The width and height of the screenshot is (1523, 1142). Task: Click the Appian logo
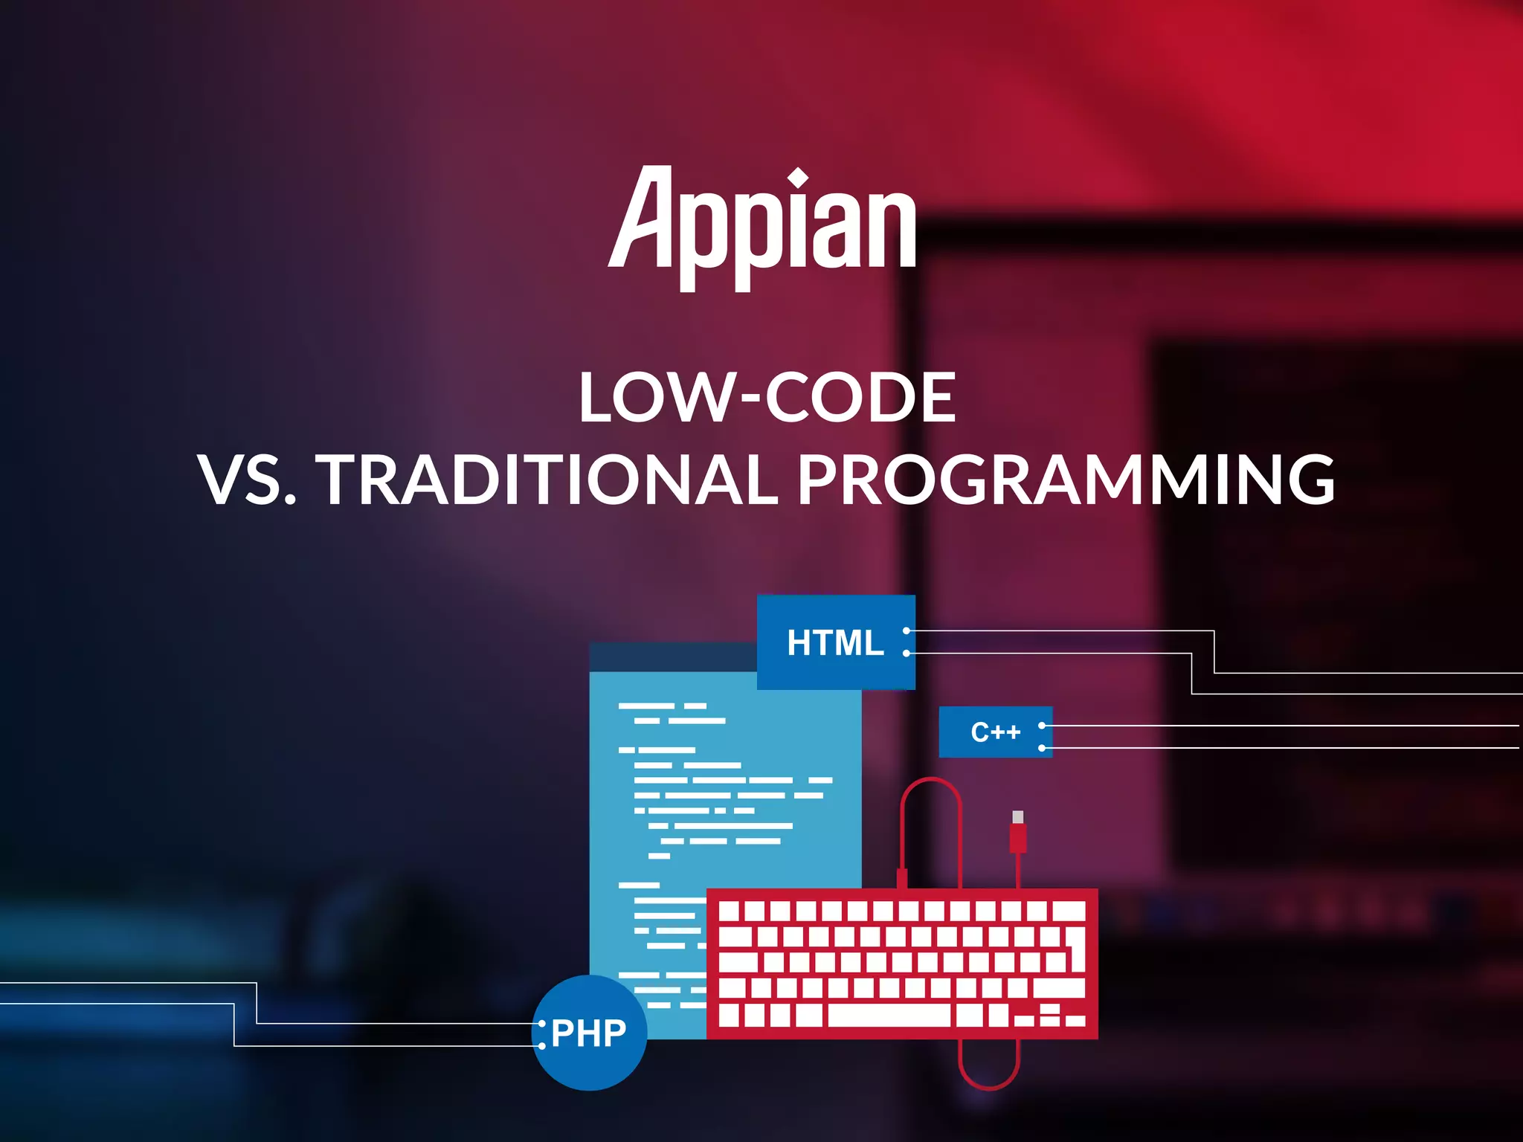point(761,227)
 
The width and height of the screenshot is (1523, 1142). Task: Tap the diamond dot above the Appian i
point(798,178)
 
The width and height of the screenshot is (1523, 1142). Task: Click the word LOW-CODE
point(767,398)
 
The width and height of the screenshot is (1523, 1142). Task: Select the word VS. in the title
point(248,480)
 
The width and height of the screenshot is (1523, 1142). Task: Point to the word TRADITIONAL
point(549,480)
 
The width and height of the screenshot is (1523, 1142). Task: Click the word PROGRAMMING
point(1066,480)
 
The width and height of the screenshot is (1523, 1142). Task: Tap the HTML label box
point(836,642)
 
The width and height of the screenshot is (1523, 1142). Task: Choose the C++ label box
point(995,732)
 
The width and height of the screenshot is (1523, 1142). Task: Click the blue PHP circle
point(590,1033)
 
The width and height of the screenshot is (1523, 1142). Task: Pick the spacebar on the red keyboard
point(889,1015)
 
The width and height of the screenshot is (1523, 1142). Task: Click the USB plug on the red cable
point(1018,833)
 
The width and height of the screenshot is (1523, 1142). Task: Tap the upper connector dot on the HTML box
point(907,630)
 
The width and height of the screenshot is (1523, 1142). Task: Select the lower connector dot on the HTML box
point(907,654)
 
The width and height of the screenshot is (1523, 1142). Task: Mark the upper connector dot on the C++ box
point(1042,725)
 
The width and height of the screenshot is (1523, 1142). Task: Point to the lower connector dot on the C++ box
point(1042,748)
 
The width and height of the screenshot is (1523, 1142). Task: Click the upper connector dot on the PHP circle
point(542,1024)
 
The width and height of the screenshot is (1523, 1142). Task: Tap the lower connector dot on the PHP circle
point(542,1046)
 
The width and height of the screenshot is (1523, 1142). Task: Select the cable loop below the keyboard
point(989,1071)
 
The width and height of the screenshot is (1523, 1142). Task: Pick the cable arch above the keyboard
point(931,788)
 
